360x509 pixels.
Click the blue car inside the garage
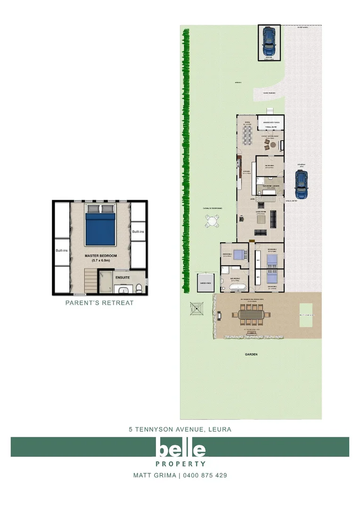tap(269, 42)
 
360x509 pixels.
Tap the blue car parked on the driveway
tap(301, 184)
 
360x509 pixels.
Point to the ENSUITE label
tap(123, 277)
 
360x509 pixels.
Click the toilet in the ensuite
tap(139, 289)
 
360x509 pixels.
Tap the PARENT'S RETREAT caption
tap(99, 303)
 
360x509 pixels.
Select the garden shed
tap(205, 283)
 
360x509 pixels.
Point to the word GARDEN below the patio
tap(251, 354)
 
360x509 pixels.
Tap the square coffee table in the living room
tap(274, 217)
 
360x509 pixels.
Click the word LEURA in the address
tap(219, 429)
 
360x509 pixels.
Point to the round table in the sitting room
tap(272, 146)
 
